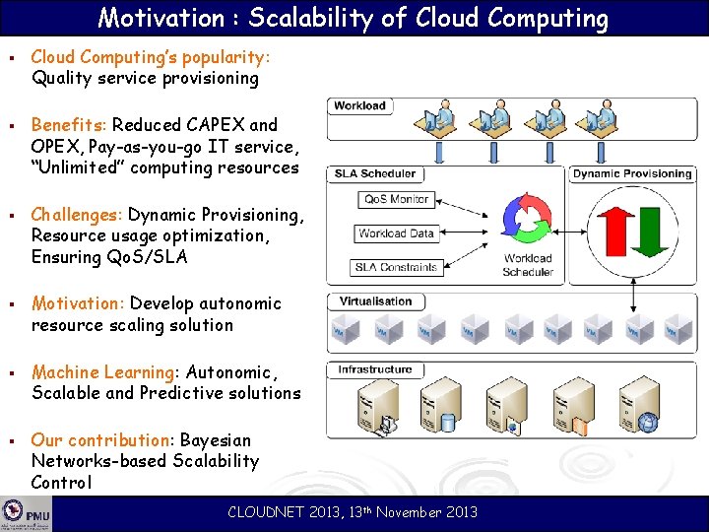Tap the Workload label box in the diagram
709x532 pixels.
[x=360, y=105]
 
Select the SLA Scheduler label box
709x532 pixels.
[x=375, y=173]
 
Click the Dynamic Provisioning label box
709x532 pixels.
[x=632, y=173]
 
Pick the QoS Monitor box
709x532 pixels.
[x=396, y=199]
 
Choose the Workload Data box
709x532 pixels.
[x=396, y=233]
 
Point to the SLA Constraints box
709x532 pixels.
[x=396, y=267]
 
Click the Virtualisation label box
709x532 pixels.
[x=375, y=301]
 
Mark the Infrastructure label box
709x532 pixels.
[x=375, y=369]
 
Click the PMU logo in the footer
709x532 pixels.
[x=26, y=514]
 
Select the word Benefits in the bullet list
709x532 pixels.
[x=69, y=125]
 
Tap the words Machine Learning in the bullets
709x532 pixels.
[x=102, y=371]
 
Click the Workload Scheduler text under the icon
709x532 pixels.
[x=528, y=265]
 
